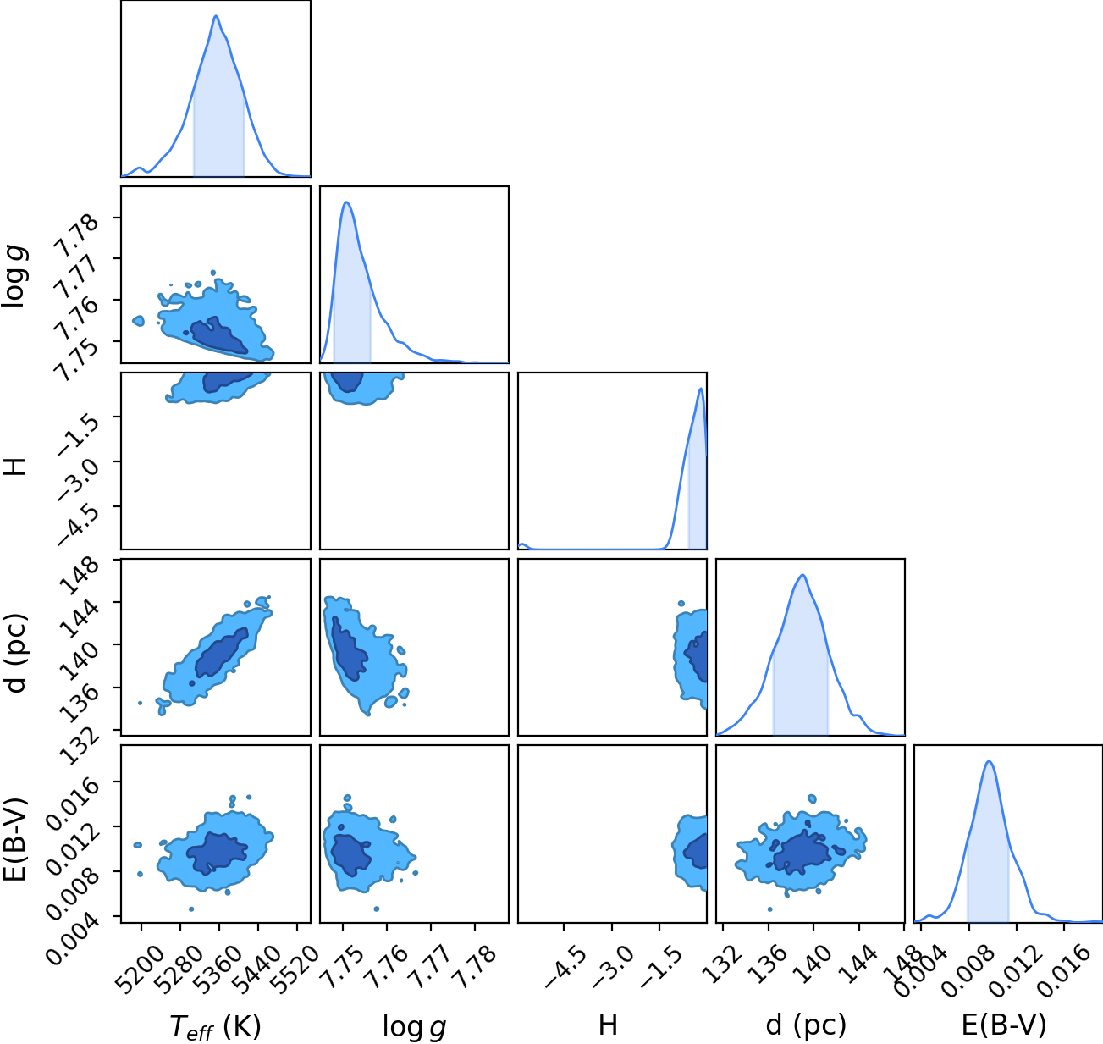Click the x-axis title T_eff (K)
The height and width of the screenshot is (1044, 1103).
216,1026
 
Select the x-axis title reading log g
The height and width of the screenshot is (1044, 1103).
414,1027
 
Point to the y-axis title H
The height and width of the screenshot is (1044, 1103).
15,466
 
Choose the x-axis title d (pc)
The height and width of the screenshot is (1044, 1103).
806,1025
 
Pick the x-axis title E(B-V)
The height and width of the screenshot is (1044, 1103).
1004,1025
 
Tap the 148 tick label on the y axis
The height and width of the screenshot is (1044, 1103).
81,575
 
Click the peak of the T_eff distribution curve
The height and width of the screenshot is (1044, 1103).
216,16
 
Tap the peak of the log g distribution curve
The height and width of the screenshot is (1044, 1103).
347,202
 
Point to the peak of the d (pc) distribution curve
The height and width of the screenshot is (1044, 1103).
802,575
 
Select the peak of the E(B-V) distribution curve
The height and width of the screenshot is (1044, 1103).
989,761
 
